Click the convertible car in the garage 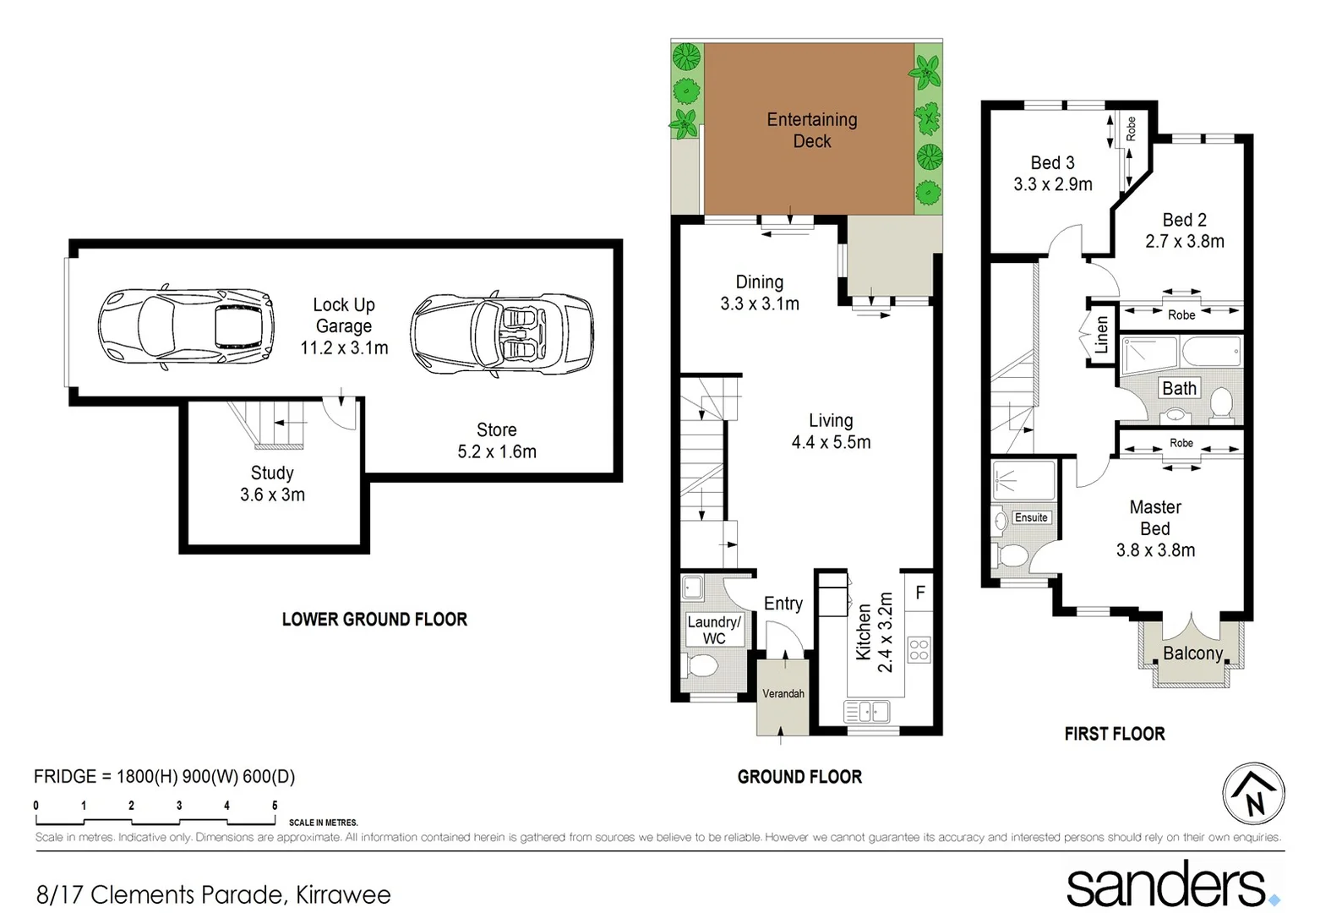coord(502,334)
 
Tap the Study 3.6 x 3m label coord(272,484)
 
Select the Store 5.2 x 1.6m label coord(497,440)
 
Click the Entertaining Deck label coord(811,130)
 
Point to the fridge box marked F coord(919,593)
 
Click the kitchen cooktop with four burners coord(919,650)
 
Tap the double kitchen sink coord(867,712)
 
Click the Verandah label coord(783,694)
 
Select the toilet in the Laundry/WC coord(701,667)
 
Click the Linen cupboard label coord(1101,335)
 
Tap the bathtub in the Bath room coord(1211,351)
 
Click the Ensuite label coord(1031,517)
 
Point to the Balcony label coord(1192,653)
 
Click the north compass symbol coord(1253,794)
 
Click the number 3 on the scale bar coord(179,806)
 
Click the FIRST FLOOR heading coord(1114,734)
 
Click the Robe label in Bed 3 coord(1131,128)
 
